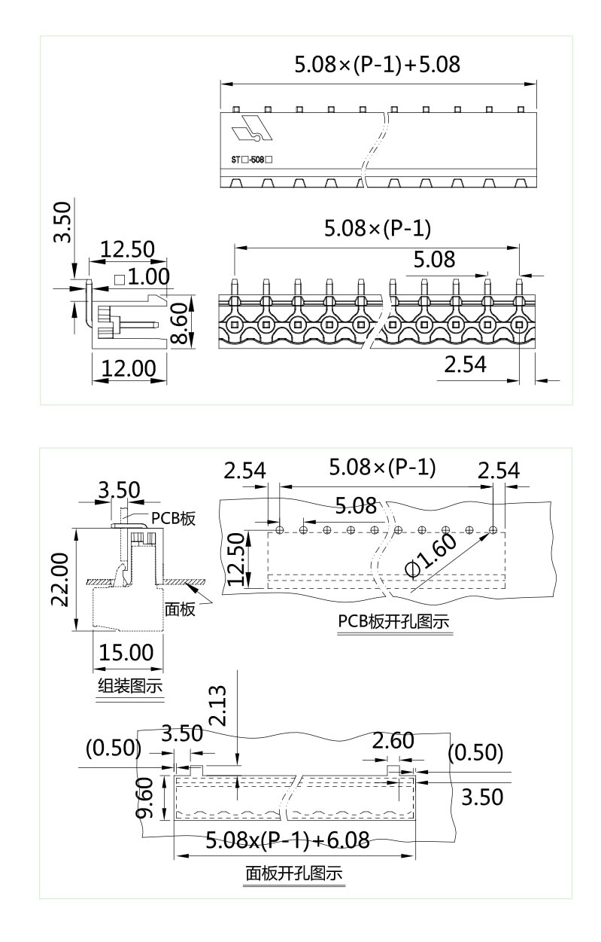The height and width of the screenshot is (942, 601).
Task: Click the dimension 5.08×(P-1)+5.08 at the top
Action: (377, 65)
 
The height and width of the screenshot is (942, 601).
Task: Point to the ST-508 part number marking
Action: (251, 160)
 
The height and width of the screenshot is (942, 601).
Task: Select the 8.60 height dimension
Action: (179, 323)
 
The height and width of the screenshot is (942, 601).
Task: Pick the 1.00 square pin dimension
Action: (142, 277)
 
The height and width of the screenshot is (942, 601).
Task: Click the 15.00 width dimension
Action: (126, 652)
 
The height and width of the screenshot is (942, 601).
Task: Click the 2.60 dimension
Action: (393, 741)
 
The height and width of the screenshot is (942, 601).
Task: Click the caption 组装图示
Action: (130, 687)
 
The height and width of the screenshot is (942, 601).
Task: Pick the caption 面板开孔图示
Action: (294, 874)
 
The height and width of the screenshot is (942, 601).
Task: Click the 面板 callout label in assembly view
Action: (180, 608)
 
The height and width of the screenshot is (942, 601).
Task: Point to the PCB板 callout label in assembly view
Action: (174, 519)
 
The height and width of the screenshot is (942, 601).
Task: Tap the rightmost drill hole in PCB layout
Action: (493, 530)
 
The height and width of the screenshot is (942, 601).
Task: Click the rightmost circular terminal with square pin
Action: (519, 325)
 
